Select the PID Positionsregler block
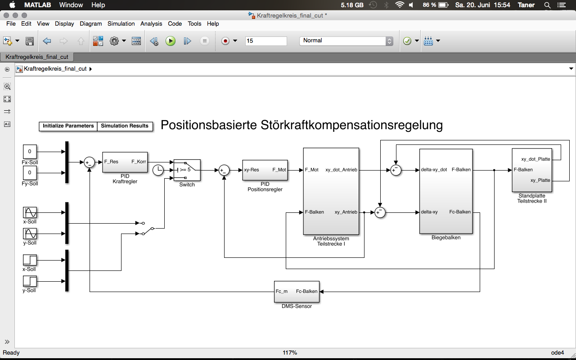click(x=265, y=170)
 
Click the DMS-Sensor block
click(x=296, y=292)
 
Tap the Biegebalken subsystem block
click(x=445, y=191)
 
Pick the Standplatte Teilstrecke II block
click(x=532, y=170)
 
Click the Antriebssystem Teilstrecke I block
click(x=331, y=191)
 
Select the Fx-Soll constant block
click(x=30, y=152)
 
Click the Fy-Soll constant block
click(x=30, y=173)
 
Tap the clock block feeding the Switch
click(x=158, y=170)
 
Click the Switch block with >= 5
click(x=187, y=170)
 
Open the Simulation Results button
click(x=125, y=126)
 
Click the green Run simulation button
click(x=171, y=41)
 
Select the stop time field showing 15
click(x=265, y=41)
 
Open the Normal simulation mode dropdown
click(x=346, y=41)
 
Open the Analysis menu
click(x=151, y=24)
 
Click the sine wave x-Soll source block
click(x=30, y=212)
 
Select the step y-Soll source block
click(x=30, y=281)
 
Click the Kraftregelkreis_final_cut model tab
click(x=37, y=57)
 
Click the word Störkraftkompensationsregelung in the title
click(x=351, y=125)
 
